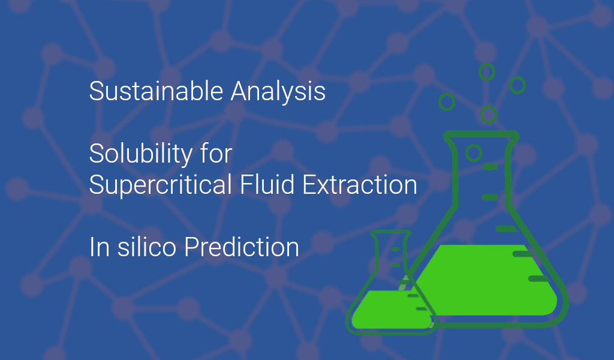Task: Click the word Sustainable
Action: click(x=156, y=91)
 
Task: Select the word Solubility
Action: click(x=140, y=154)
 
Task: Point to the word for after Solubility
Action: click(x=216, y=153)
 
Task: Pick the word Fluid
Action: click(x=267, y=184)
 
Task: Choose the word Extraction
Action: click(x=360, y=184)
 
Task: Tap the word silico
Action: click(x=147, y=247)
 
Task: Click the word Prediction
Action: click(x=242, y=247)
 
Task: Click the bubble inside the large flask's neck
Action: click(x=474, y=153)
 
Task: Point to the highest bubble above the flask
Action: click(x=487, y=72)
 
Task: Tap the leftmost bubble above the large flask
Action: click(x=446, y=102)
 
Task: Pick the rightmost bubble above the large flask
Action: click(x=517, y=85)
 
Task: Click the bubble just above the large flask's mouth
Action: click(x=489, y=115)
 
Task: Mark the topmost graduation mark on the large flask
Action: click(x=490, y=166)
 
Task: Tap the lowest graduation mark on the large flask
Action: click(x=538, y=278)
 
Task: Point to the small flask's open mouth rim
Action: click(x=390, y=233)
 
